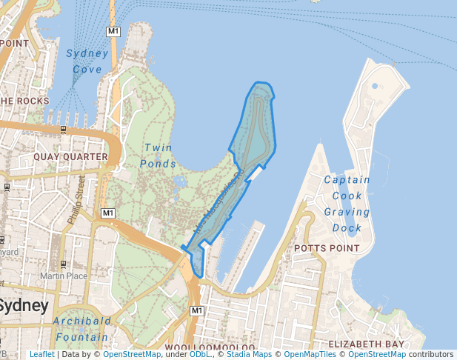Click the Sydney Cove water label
click(87, 61)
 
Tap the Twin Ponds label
click(160, 156)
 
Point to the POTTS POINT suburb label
click(327, 247)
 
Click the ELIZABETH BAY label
click(367, 344)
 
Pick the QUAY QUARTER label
click(70, 157)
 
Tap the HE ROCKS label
click(24, 101)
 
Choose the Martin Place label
click(60, 276)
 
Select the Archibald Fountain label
click(81, 329)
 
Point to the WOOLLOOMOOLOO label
click(210, 347)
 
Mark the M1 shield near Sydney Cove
click(113, 31)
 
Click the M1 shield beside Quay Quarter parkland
click(108, 213)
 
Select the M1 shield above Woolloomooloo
click(196, 310)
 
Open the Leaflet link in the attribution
click(41, 355)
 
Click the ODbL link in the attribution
click(200, 355)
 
